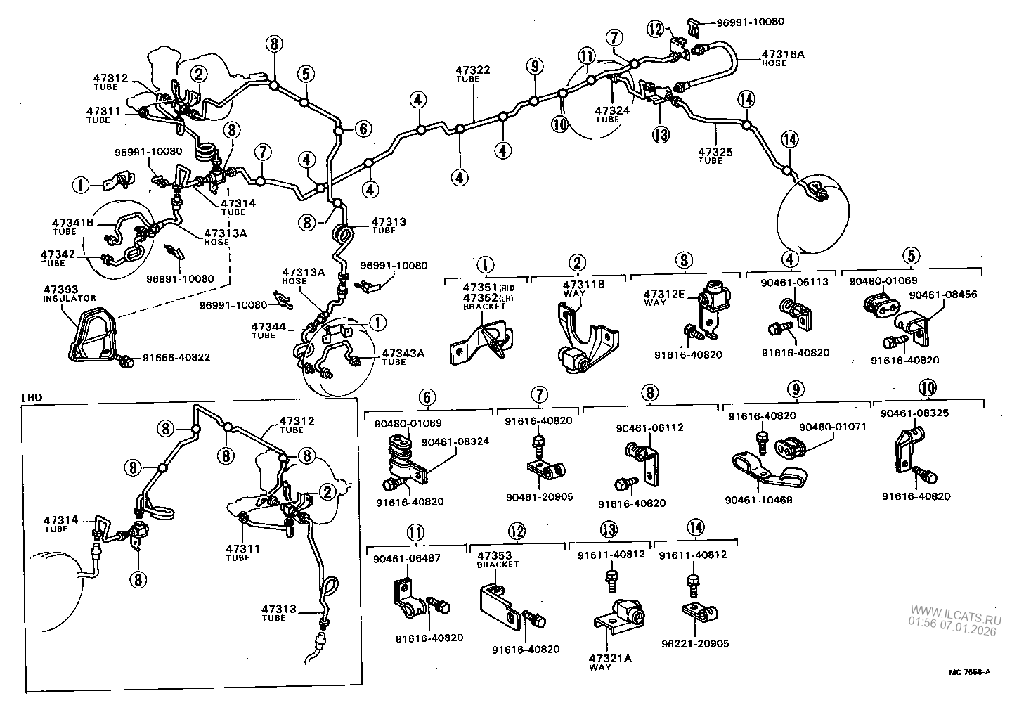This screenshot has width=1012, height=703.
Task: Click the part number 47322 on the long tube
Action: tap(472, 70)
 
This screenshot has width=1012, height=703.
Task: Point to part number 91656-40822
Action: tap(176, 357)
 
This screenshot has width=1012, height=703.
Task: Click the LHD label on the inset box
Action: tap(32, 397)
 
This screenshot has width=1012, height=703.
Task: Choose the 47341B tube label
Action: tap(73, 224)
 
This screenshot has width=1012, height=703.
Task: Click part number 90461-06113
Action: tap(795, 282)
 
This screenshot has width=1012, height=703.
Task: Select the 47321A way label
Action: tap(610, 658)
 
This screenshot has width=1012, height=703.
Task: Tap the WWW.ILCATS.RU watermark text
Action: tap(954, 610)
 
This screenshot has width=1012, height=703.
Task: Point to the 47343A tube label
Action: tap(403, 354)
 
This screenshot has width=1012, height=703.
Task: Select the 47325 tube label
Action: tap(715, 152)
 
